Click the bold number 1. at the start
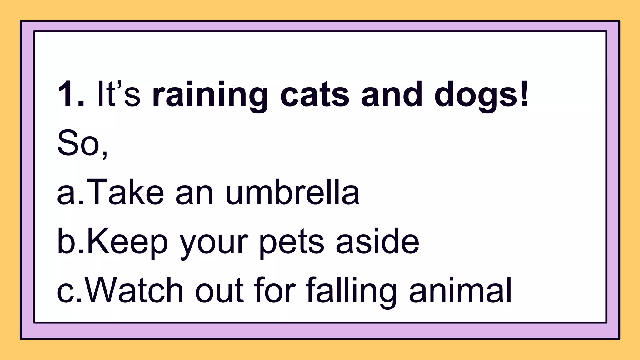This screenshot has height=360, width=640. [71, 94]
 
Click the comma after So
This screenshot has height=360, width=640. [105, 153]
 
